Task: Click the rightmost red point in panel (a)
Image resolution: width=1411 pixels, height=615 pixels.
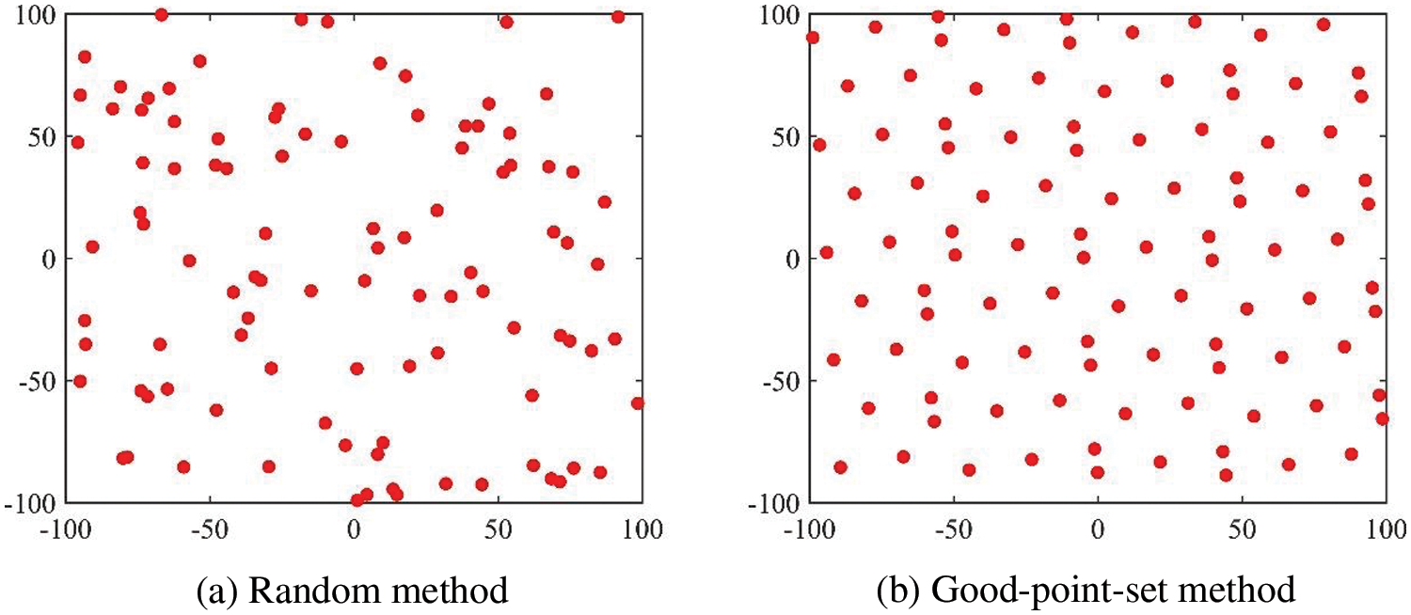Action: click(x=638, y=403)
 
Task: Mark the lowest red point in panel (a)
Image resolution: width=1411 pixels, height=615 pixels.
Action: click(x=357, y=500)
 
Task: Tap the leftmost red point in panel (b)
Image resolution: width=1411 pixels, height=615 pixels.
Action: click(x=813, y=38)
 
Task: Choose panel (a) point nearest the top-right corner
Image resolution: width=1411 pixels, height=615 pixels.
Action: click(x=618, y=17)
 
